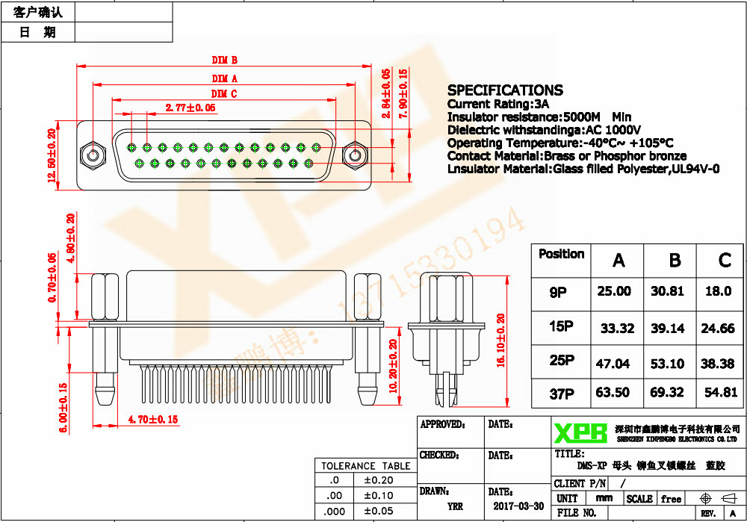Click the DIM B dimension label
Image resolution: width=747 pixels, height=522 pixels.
tap(224, 60)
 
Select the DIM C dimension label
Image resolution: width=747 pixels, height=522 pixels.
tap(224, 93)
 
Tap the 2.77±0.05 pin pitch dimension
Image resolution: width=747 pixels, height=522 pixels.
tap(190, 108)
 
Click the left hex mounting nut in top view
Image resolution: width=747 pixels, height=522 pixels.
tap(92, 156)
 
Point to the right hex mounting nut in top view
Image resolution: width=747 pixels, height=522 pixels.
tap(353, 156)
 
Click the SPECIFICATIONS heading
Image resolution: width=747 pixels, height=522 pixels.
tap(505, 90)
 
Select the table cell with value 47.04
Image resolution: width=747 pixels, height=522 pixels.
tap(613, 364)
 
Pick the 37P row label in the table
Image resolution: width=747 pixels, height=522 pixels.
tap(561, 394)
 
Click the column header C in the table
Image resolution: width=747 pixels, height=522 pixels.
tap(724, 260)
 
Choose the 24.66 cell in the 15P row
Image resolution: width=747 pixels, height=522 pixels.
tap(718, 328)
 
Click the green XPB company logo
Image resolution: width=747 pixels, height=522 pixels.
tap(580, 433)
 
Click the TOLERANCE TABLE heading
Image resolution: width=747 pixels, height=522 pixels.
tap(365, 466)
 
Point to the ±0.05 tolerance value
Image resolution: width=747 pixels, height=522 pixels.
tap(378, 511)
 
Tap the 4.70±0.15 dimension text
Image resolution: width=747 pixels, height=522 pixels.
tap(153, 420)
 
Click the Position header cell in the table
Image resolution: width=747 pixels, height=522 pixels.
tap(561, 254)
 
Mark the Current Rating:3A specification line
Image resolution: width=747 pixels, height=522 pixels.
tap(498, 104)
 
